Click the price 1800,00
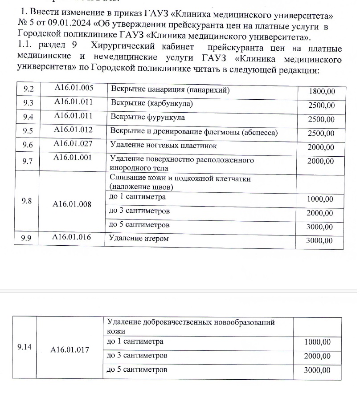click(x=321, y=91)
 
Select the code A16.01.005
click(x=74, y=88)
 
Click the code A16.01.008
click(x=72, y=204)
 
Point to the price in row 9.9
click(x=319, y=241)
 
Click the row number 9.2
click(x=29, y=89)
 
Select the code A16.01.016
click(x=72, y=237)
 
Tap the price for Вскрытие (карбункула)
click(x=321, y=106)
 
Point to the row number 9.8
click(x=27, y=201)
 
